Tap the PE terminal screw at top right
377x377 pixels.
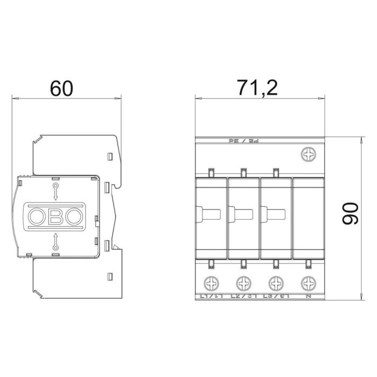pyautogui.click(x=309, y=155)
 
